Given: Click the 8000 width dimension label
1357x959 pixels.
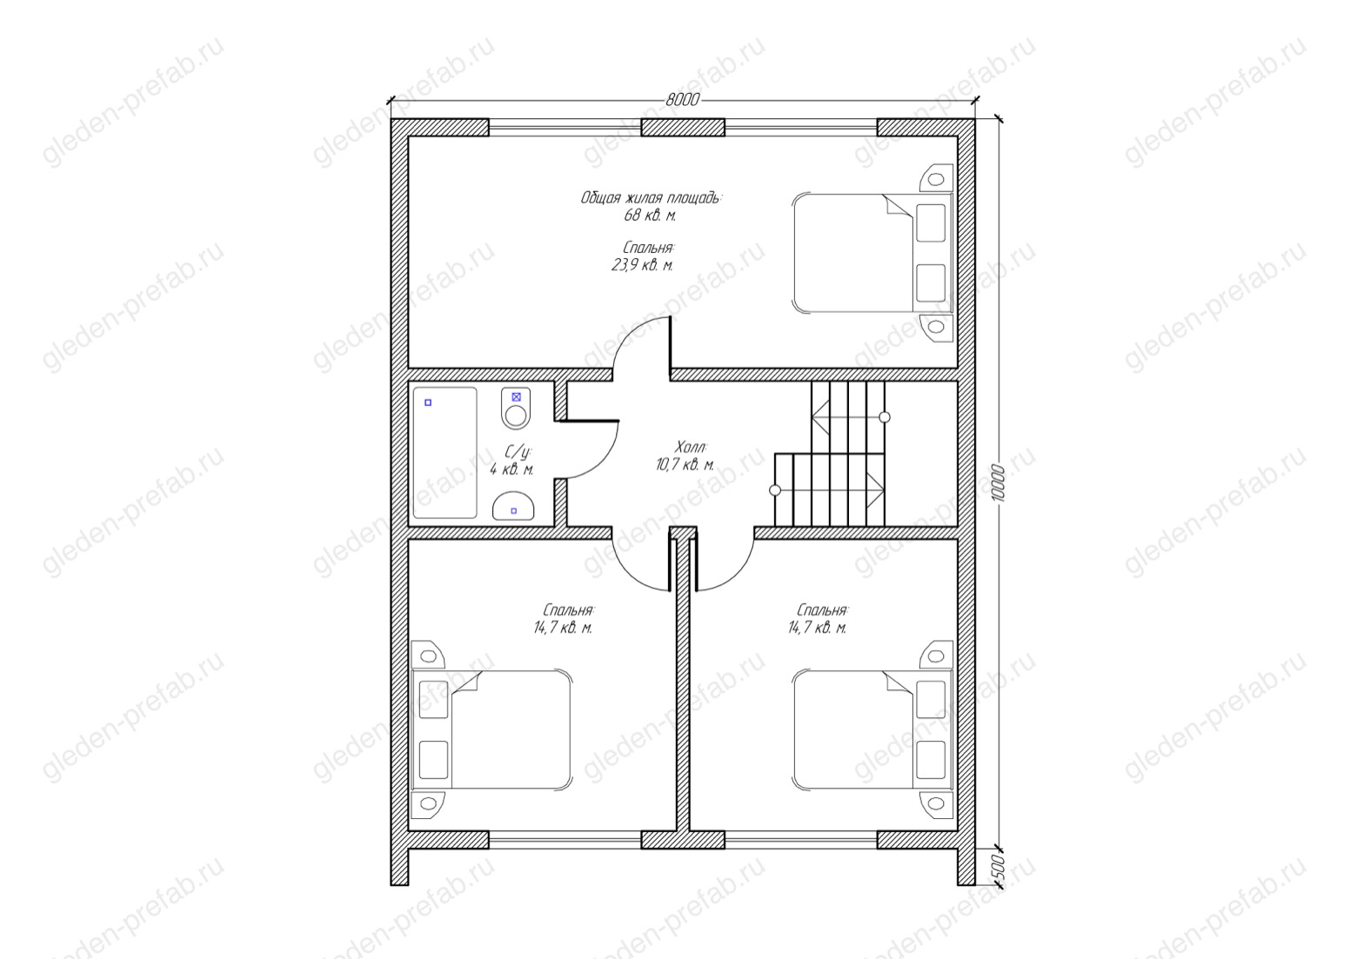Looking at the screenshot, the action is pyautogui.click(x=682, y=100).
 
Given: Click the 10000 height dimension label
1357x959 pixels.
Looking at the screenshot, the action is pyautogui.click(x=999, y=483).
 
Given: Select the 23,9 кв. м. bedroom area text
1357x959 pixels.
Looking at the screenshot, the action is pyautogui.click(x=642, y=265).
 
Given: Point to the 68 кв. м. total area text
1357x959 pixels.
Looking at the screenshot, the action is pyautogui.click(x=650, y=215).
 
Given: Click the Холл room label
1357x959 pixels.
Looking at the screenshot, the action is pyautogui.click(x=691, y=448).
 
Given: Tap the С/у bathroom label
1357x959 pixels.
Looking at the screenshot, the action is pyautogui.click(x=518, y=452).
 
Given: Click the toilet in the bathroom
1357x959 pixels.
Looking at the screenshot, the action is pyautogui.click(x=516, y=408).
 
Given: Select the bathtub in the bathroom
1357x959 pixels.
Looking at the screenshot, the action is pyautogui.click(x=445, y=453).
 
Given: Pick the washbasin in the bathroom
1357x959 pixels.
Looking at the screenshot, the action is pyautogui.click(x=513, y=505).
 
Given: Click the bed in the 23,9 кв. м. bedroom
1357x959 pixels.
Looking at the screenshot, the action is pyautogui.click(x=872, y=252).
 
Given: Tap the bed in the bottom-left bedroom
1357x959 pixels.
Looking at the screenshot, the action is pyautogui.click(x=491, y=729).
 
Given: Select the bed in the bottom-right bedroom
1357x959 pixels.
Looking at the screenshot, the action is pyautogui.click(x=872, y=729).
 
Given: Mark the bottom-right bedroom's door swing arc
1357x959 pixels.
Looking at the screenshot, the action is pyautogui.click(x=736, y=573).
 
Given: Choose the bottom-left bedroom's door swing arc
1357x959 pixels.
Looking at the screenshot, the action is pyautogui.click(x=629, y=573).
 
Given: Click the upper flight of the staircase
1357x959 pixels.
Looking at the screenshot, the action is pyautogui.click(x=848, y=417).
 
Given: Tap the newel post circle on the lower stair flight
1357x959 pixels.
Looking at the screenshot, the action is pyautogui.click(x=775, y=489).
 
